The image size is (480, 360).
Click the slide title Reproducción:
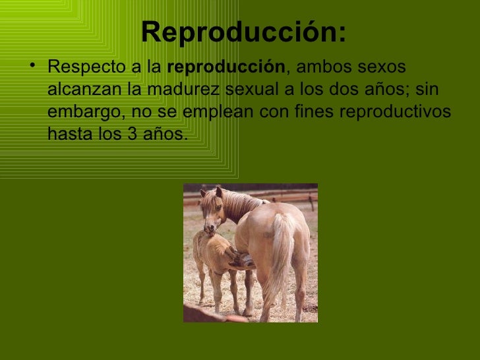coord(243,32)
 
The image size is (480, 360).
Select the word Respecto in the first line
coord(78,68)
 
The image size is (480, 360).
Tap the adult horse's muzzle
coord(210,227)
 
